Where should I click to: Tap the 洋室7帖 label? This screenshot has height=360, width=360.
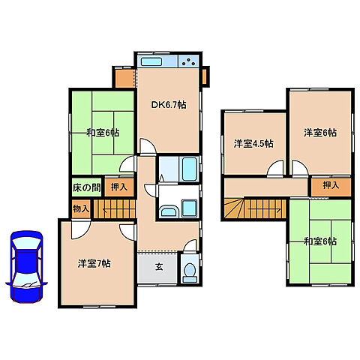pyautogui.click(x=95, y=264)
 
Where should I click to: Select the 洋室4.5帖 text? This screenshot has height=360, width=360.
pyautogui.click(x=253, y=142)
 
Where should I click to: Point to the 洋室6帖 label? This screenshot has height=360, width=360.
pyautogui.click(x=320, y=133)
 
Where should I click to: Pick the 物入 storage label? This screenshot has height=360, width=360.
pyautogui.click(x=81, y=207)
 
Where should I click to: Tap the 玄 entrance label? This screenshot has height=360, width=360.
pyautogui.click(x=159, y=265)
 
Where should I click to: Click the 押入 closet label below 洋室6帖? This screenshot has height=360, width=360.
pyautogui.click(x=331, y=184)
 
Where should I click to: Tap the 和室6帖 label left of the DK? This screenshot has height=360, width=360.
pyautogui.click(x=102, y=133)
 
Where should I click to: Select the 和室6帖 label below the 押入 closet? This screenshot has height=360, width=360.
pyautogui.click(x=320, y=241)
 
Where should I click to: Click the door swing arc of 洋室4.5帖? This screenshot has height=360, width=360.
pyautogui.click(x=275, y=169)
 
